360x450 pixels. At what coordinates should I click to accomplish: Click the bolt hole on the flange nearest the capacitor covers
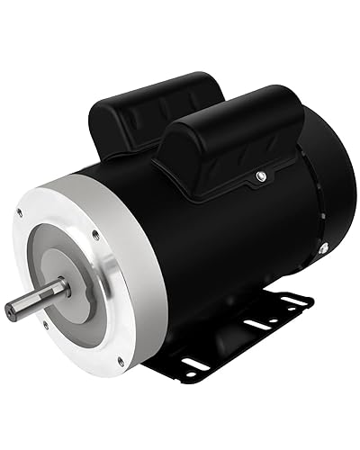(95, 236)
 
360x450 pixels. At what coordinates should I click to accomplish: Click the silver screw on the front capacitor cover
(258, 175)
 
